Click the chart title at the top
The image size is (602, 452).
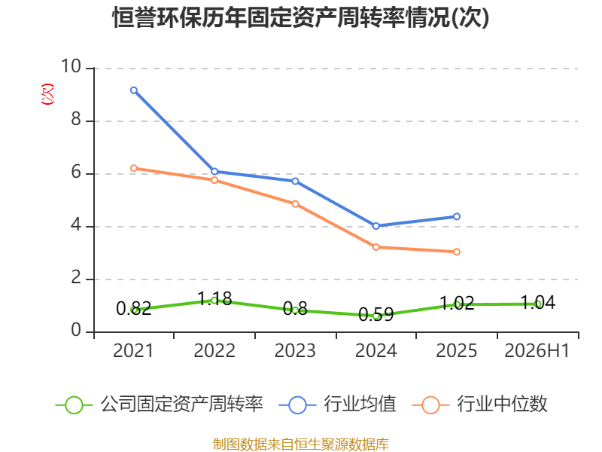click(300, 17)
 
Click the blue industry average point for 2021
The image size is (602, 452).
click(134, 90)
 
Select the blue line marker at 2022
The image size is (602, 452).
click(214, 172)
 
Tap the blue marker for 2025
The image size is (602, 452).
click(457, 216)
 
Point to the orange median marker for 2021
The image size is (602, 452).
click(134, 168)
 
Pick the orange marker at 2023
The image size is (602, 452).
click(295, 203)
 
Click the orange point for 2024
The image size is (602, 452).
click(375, 247)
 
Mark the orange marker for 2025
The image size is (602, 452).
click(457, 252)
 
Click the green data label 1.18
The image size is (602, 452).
click(214, 298)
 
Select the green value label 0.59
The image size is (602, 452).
click(375, 315)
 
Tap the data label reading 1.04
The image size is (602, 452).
click(537, 303)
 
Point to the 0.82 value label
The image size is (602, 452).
click(134, 309)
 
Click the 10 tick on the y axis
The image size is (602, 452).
click(71, 66)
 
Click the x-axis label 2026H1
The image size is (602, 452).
click(537, 350)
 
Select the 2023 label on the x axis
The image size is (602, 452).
click(295, 350)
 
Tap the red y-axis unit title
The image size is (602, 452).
click(47, 94)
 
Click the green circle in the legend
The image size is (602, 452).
click(74, 405)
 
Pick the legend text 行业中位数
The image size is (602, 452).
click(502, 404)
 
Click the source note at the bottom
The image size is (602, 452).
click(301, 444)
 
